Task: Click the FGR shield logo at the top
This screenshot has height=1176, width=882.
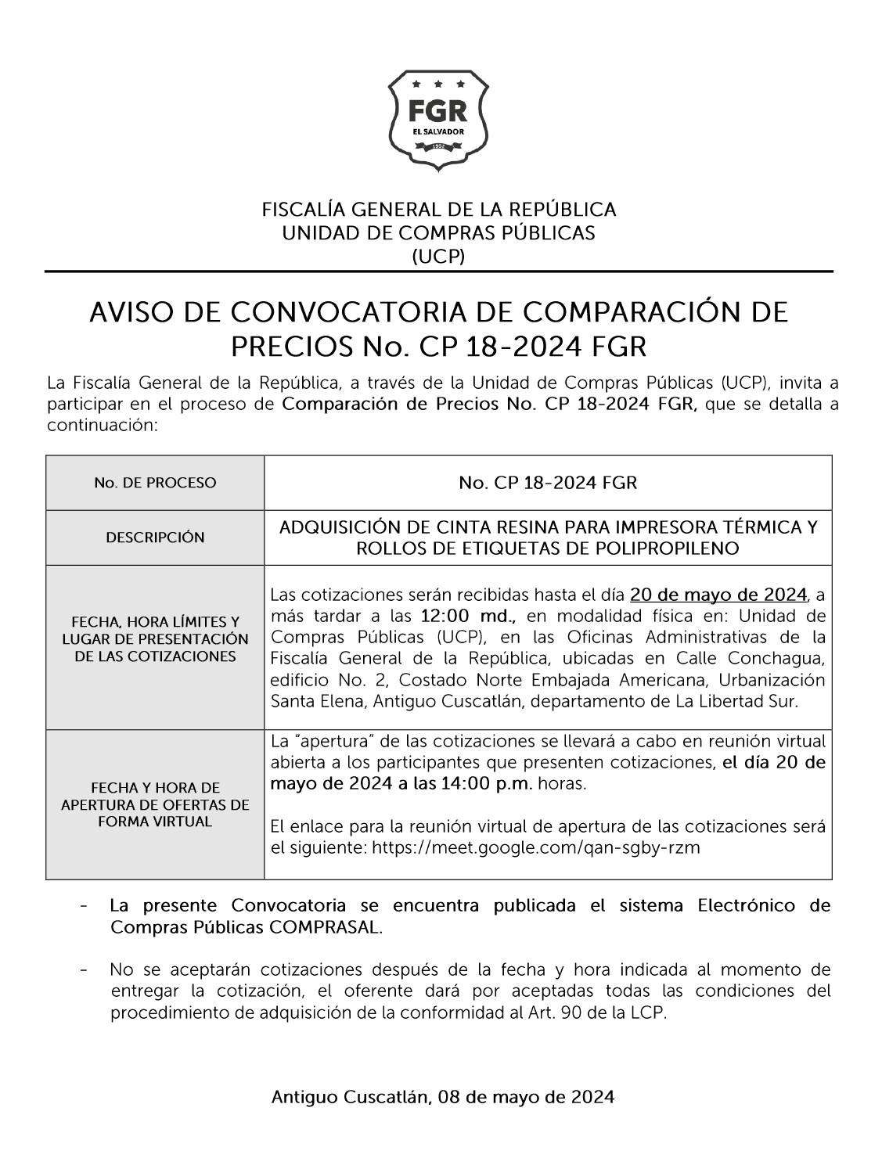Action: pyautogui.click(x=438, y=120)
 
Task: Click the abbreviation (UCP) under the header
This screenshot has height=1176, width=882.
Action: pyautogui.click(x=438, y=256)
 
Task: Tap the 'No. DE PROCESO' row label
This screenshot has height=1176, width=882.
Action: pyautogui.click(x=155, y=483)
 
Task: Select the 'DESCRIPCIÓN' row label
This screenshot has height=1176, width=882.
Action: pyautogui.click(x=155, y=538)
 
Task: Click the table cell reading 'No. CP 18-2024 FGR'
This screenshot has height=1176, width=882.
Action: pyautogui.click(x=548, y=483)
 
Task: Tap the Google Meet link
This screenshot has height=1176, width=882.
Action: pyautogui.click(x=535, y=847)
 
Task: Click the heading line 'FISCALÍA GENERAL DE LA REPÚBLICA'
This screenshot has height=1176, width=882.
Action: pyautogui.click(x=438, y=210)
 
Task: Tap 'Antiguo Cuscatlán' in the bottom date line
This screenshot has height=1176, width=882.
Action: pyautogui.click(x=350, y=1097)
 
